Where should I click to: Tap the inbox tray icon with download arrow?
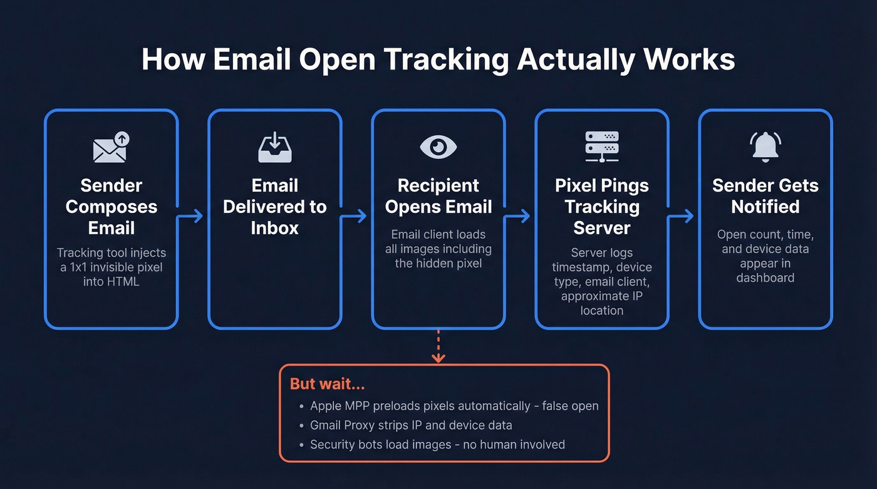point(274,148)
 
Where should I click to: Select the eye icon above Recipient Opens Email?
point(438,147)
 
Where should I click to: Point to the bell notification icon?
point(765,147)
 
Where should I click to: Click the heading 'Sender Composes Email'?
point(112,207)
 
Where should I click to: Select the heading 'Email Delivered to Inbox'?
point(274,207)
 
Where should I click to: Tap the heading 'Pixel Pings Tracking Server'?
point(601,207)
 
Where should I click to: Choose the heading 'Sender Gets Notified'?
point(765,196)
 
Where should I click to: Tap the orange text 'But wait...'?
point(327,384)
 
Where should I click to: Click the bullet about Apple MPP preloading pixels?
point(454,406)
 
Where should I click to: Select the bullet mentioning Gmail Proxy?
point(411,425)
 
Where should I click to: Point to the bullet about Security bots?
point(437,445)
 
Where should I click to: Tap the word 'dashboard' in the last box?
point(765,277)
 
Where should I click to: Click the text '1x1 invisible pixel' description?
point(112,267)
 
